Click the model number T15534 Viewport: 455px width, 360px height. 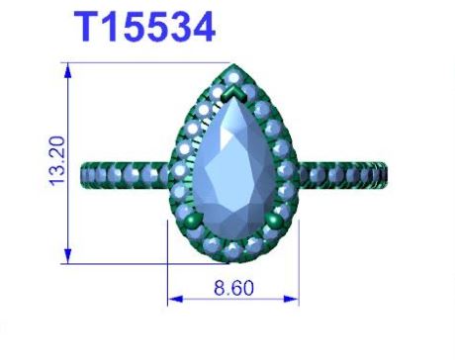coord(144,27)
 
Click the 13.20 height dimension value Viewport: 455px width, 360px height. coord(56,161)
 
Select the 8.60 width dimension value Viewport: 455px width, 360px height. coord(233,288)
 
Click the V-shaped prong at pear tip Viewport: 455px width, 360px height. coord(234,94)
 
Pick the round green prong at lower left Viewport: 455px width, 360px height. coord(194,221)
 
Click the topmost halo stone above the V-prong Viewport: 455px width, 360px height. coord(233,78)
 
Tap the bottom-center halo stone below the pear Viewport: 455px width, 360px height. coord(233,250)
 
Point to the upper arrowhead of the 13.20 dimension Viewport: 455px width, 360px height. coord(68,70)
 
